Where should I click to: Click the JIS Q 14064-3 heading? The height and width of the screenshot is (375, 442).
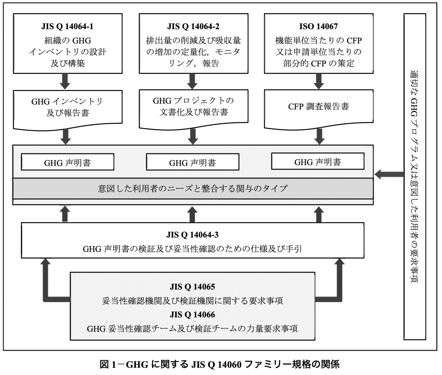[x=192, y=235]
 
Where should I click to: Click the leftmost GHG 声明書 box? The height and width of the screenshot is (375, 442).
[x=67, y=163]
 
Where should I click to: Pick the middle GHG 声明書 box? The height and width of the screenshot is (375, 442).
[x=192, y=163]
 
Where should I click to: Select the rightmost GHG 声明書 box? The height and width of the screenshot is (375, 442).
[x=317, y=162]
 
